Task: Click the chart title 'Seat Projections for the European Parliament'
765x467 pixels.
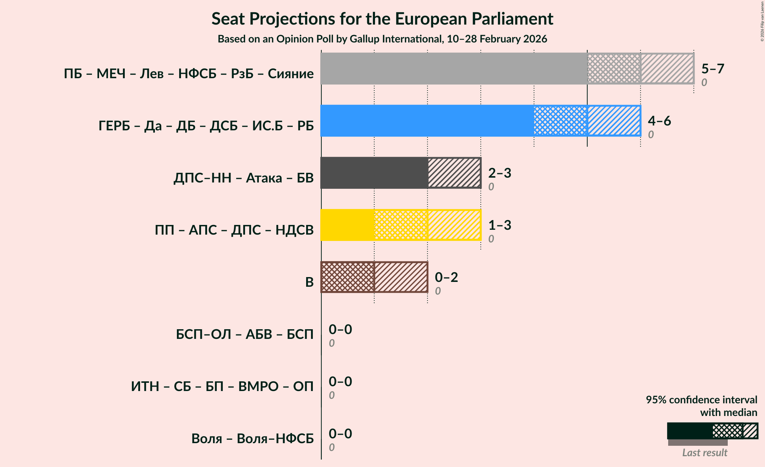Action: coord(382,19)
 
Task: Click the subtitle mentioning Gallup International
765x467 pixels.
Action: coord(382,39)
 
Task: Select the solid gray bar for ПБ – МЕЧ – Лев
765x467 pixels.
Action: coord(454,69)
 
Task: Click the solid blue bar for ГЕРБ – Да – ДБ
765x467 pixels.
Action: coord(427,121)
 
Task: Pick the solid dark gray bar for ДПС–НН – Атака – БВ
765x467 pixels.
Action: coord(374,173)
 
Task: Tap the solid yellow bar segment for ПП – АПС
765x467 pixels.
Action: coord(347,225)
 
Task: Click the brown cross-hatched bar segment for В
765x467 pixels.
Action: coord(347,277)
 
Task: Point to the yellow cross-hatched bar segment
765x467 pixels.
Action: coord(401,225)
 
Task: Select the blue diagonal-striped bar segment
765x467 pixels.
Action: coord(614,121)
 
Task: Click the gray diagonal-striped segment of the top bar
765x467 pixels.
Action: coord(667,69)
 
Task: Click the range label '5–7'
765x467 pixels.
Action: coord(712,69)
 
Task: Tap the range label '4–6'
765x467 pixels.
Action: coord(659,121)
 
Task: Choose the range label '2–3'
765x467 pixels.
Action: coord(499,173)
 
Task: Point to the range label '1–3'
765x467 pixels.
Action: coord(499,225)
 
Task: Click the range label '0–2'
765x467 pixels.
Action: coord(446,277)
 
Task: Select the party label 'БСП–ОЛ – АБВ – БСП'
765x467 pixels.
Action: coord(245,334)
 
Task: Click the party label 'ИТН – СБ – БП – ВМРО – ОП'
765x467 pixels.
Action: coord(222,387)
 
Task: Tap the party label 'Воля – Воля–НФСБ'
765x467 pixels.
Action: coord(253,439)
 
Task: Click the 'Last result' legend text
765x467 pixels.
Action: coord(704,452)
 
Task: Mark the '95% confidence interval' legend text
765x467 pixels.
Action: coord(701,400)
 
